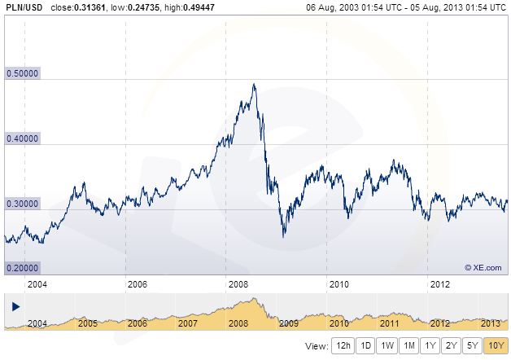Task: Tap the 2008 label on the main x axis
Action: point(238,284)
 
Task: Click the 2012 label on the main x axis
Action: point(439,284)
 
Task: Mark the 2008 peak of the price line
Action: point(254,85)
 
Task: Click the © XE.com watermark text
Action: point(483,266)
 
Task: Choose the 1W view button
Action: point(387,345)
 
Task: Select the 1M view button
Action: point(408,345)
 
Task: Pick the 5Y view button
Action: point(472,345)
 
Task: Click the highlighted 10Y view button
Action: point(495,345)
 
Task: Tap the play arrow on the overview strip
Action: point(15,306)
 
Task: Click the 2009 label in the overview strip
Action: point(289,323)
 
